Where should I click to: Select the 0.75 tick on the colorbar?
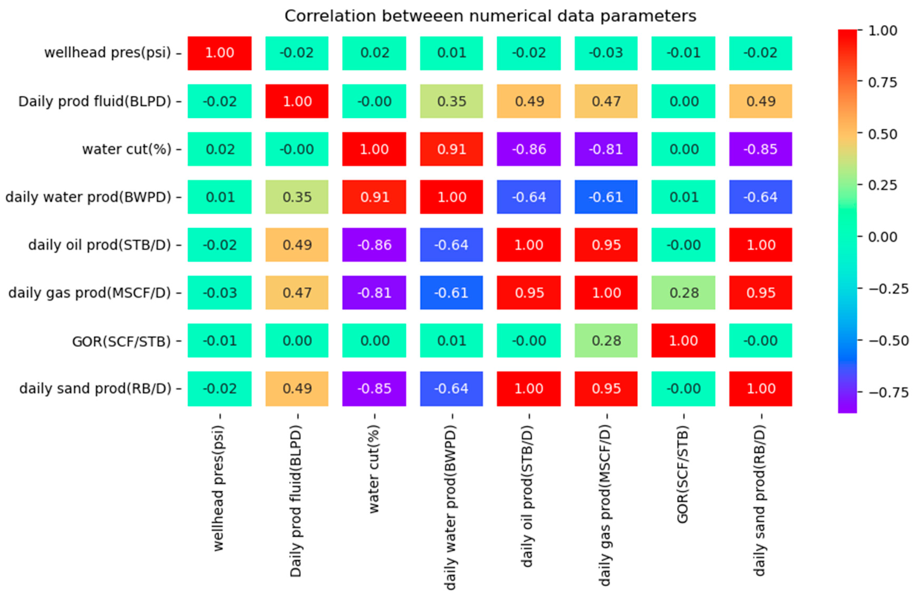882,82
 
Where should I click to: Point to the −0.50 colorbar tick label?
888,340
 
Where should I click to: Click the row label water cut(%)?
127,149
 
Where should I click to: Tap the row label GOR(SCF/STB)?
121,341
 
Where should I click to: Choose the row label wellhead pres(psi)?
108,53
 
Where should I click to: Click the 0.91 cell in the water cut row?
451,149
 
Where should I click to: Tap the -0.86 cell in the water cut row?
529,149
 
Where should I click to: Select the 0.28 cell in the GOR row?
606,341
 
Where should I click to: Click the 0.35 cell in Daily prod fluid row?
451,101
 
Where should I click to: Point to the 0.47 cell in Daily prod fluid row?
606,101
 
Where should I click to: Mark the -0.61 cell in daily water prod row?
606,197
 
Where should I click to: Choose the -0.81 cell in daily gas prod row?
374,293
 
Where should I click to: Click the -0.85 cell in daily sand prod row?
374,389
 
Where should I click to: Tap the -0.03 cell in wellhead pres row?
606,53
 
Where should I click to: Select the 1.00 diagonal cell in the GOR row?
683,341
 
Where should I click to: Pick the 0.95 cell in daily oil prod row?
606,245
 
